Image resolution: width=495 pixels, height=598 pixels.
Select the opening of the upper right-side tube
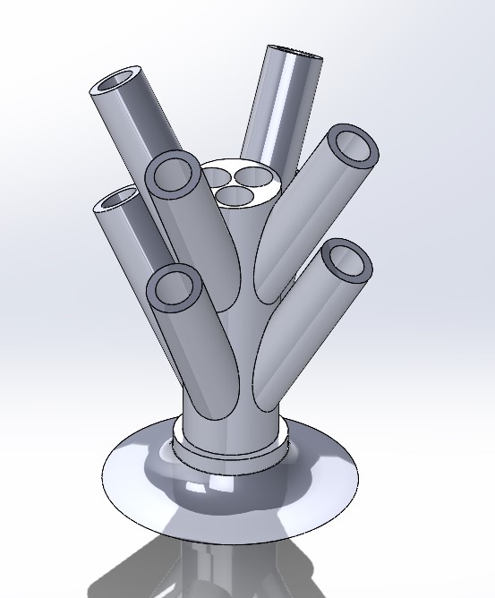[x=351, y=147]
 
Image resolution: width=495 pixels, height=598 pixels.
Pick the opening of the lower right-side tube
[x=345, y=261]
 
